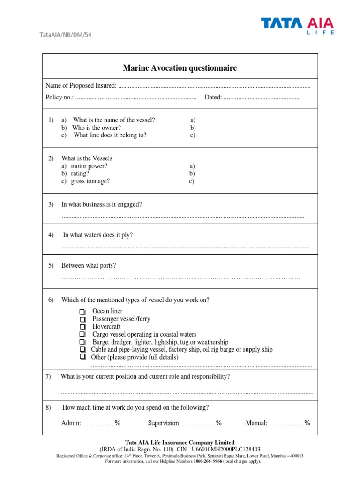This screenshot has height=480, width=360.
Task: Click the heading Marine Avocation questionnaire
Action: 180,68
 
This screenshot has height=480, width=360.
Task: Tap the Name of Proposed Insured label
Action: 81,85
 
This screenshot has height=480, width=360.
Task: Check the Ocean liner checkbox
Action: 82,312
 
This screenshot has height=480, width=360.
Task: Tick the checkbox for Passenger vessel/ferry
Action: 82,319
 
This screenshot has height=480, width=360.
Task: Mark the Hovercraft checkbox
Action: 82,327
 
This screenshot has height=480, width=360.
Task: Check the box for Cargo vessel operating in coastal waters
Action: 82,335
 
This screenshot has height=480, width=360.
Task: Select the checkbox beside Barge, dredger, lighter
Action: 82,342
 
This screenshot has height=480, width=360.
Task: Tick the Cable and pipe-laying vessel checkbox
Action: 82,350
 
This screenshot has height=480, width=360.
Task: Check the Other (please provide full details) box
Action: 82,357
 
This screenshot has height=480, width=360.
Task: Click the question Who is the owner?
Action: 96,127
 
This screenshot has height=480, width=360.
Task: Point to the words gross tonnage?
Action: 90,181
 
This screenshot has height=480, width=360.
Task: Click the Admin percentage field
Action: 98,423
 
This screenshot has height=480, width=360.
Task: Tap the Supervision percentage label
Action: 164,423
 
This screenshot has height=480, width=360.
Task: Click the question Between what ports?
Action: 89,265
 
